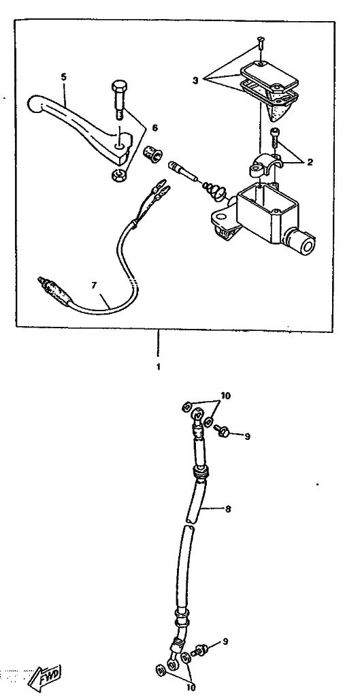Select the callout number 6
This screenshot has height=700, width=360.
154,128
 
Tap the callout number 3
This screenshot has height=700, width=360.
195,80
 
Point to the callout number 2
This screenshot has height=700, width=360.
309,161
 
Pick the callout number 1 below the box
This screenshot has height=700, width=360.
158,367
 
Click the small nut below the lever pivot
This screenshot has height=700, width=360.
116,174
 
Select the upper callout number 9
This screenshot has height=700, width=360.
246,436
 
